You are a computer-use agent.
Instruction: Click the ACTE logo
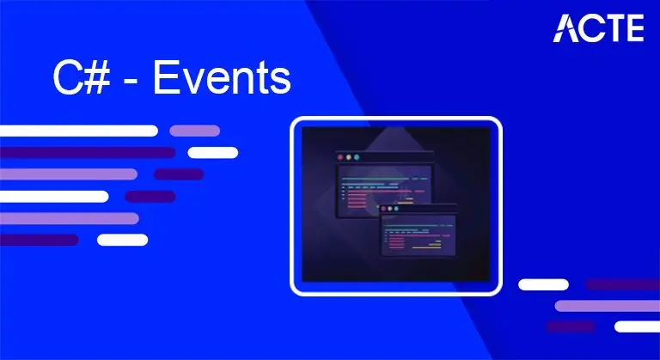click(599, 27)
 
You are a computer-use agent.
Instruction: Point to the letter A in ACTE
click(567, 27)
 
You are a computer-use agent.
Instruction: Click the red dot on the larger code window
click(339, 158)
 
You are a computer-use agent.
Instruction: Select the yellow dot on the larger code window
click(349, 158)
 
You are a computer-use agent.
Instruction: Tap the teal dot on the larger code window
click(358, 158)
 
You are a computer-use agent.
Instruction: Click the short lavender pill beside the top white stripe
click(194, 131)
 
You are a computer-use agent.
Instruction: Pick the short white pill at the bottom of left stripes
click(122, 240)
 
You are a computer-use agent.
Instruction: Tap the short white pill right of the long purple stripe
click(212, 153)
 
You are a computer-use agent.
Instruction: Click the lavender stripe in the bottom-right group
click(607, 306)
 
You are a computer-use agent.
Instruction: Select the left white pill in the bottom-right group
click(543, 284)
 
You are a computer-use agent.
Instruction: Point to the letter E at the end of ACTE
click(633, 27)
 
